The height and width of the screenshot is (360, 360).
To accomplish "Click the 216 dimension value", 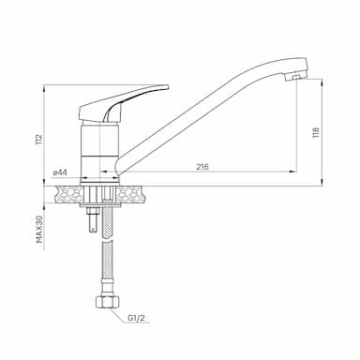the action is pyautogui.click(x=202, y=167).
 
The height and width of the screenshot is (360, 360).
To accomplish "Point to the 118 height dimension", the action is pyautogui.click(x=316, y=132).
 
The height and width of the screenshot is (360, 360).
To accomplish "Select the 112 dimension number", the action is pyautogui.click(x=38, y=139).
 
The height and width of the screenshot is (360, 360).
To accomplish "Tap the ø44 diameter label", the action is pyautogui.click(x=61, y=172).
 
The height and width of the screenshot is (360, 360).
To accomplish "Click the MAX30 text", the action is pyautogui.click(x=38, y=229).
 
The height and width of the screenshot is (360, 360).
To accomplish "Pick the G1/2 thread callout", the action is pyautogui.click(x=136, y=319).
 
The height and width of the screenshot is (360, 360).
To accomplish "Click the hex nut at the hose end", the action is pyautogui.click(x=107, y=302).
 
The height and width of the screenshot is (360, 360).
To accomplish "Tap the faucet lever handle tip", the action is pyautogui.click(x=166, y=86).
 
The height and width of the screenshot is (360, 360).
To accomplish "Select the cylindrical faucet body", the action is pyautogui.click(x=100, y=151).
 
